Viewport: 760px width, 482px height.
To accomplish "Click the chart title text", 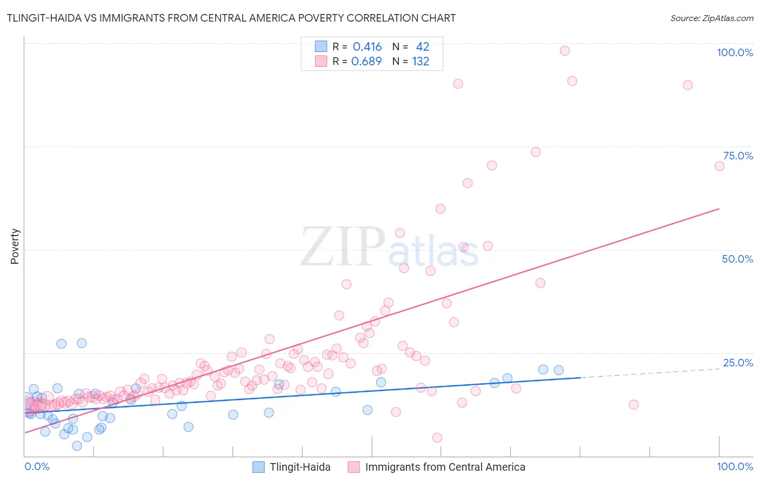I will [231, 18].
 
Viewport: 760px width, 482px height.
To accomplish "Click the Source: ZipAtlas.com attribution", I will [711, 18].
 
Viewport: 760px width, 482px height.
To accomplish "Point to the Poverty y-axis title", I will [15, 246].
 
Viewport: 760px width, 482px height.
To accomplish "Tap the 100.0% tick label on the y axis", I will [735, 52].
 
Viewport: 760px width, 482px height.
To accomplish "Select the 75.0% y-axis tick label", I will [738, 156].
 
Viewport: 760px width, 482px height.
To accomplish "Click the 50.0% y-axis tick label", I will [737, 259].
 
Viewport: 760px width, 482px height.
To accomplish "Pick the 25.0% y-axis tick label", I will [738, 363].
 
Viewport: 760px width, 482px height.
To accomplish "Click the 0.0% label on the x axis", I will [37, 466].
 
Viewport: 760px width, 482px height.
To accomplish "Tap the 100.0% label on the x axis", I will [735, 466].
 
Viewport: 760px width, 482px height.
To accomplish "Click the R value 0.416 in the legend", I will [367, 47].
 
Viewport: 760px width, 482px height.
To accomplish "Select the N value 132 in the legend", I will [421, 62].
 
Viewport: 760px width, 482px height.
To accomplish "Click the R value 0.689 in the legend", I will [366, 62].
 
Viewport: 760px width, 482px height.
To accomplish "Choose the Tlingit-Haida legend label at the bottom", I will [300, 467].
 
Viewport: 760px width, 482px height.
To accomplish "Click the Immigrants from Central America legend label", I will [445, 467].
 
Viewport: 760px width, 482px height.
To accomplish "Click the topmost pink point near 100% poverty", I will [565, 51].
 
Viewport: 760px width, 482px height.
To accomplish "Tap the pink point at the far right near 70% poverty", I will [719, 166].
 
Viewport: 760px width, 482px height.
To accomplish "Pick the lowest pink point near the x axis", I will [437, 438].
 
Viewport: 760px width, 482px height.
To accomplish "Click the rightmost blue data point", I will [559, 370].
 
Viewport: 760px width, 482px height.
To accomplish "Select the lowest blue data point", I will [77, 446].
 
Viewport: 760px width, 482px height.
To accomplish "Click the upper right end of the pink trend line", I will [719, 209].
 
